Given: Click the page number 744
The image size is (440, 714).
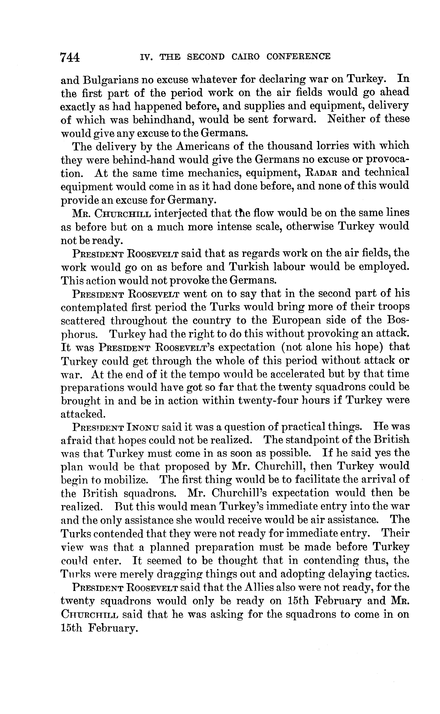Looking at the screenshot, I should pos(70,57).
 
